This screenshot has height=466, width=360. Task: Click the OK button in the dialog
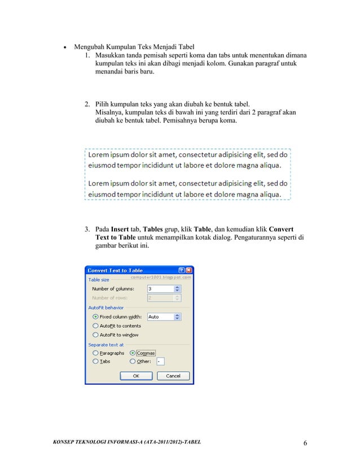coord(135,376)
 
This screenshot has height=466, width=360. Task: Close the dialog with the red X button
coord(189,270)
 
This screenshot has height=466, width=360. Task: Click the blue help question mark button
coord(182,270)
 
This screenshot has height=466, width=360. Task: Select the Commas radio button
coord(133,353)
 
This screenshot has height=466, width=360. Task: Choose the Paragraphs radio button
coord(95,353)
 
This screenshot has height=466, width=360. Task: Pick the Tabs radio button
coord(95,361)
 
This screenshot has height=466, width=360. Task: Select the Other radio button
coord(133,361)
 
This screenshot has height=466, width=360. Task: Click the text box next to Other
coord(160,361)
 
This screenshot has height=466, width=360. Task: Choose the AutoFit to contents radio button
coord(95,326)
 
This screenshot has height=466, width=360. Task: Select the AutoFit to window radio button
coord(95,335)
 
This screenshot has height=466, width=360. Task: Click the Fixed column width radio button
coord(95,316)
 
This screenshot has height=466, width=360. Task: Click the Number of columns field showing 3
coord(160,288)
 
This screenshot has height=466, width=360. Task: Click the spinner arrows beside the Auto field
coord(177,316)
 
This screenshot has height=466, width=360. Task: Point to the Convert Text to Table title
coord(115,270)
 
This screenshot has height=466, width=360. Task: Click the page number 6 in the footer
coord(305,443)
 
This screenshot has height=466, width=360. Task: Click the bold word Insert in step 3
coord(119,230)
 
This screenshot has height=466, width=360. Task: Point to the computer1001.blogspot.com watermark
coord(161,277)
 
